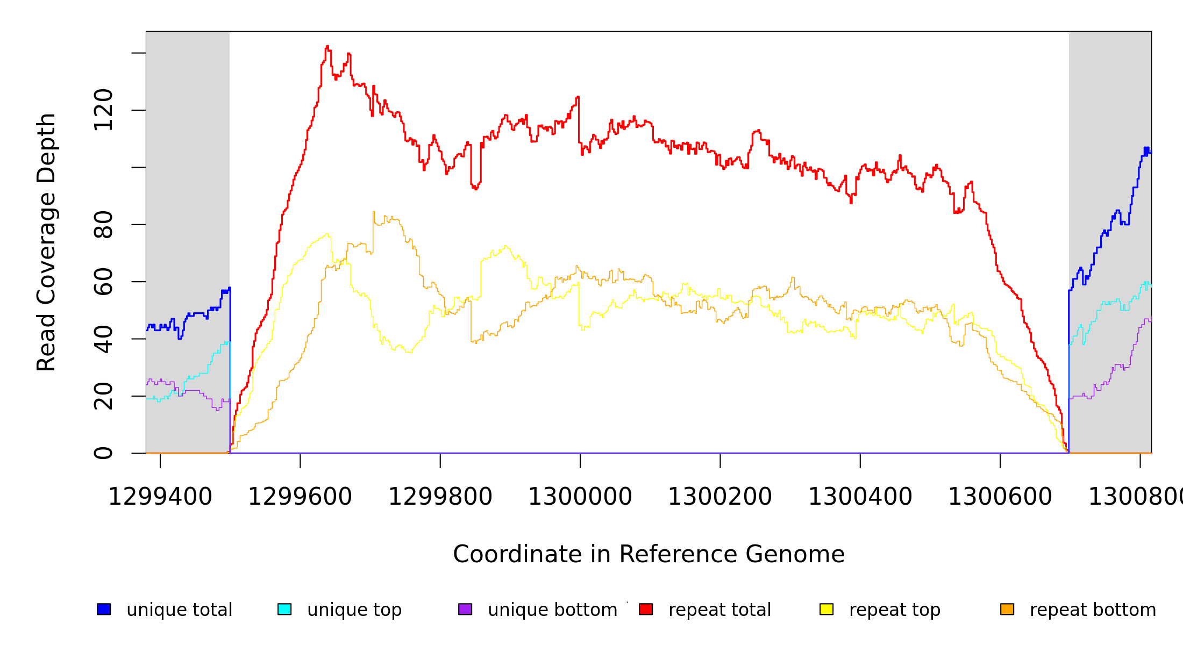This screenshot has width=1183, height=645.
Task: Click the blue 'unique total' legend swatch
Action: click(x=104, y=609)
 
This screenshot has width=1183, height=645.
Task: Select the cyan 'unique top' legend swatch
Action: click(x=284, y=609)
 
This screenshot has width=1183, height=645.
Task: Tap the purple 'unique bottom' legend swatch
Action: click(x=465, y=609)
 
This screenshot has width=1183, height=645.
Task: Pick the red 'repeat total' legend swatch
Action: click(x=646, y=609)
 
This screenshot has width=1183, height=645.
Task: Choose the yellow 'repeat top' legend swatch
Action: click(x=826, y=609)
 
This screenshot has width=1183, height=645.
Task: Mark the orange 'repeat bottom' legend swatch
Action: click(x=1007, y=609)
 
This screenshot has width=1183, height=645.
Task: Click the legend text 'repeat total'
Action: click(x=719, y=610)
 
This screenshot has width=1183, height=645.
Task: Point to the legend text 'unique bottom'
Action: click(x=552, y=610)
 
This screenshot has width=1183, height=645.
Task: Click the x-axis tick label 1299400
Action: click(x=160, y=497)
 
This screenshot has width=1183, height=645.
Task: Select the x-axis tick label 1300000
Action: click(x=580, y=497)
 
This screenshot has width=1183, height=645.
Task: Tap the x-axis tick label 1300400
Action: click(x=860, y=497)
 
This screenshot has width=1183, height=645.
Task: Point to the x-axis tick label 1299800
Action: click(x=440, y=497)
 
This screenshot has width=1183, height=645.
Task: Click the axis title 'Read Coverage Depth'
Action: click(x=46, y=242)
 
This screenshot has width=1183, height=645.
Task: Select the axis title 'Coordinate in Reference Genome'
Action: click(x=648, y=555)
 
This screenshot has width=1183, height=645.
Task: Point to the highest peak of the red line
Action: click(x=327, y=47)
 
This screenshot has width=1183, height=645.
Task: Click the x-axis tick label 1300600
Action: click(x=1000, y=497)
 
